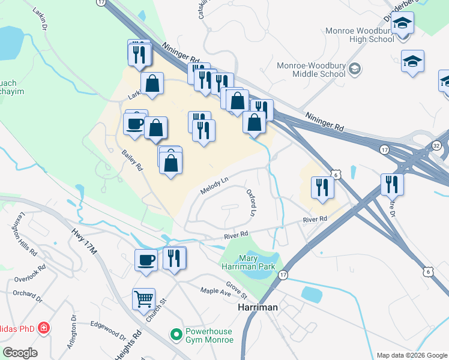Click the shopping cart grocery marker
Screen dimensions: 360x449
[144, 298]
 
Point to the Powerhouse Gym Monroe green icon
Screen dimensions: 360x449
[176, 334]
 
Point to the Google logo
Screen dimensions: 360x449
[20, 353]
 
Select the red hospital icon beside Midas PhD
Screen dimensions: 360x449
[43, 328]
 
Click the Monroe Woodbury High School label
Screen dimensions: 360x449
[359, 35]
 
